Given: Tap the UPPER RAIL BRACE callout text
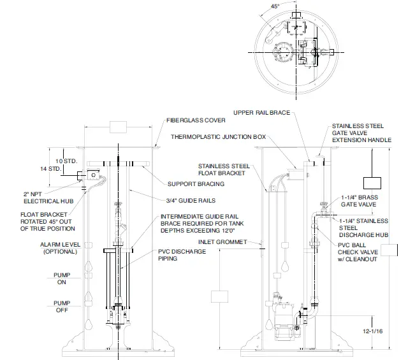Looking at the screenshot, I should tap(261, 113).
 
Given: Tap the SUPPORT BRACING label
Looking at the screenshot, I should tap(196, 184).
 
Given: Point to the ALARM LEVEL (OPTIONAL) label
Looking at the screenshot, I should tap(59, 248).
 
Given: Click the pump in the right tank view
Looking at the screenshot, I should tap(281, 319).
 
